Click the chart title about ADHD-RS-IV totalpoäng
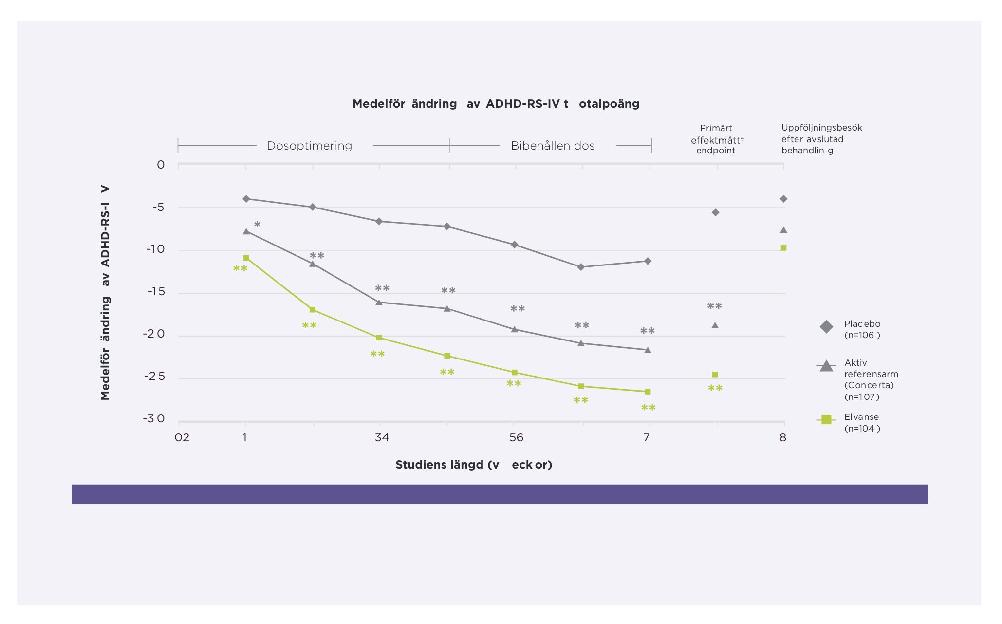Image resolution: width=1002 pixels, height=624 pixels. tap(496, 104)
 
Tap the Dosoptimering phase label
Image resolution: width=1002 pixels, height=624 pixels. tap(309, 146)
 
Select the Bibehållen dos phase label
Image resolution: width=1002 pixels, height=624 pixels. tap(553, 146)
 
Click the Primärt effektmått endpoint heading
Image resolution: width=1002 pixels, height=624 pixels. tap(716, 139)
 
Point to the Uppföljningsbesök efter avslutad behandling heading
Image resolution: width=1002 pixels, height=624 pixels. tap(821, 139)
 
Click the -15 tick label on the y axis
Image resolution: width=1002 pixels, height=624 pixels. tap(156, 292)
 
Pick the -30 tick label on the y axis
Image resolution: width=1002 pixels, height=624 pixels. tap(154, 419)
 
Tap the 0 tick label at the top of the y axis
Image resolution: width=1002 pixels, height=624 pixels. tap(161, 165)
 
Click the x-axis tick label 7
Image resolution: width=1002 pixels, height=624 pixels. tap(647, 437)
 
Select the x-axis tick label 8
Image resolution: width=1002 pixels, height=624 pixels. tap(782, 437)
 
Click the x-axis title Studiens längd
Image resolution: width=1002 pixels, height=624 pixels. tap(474, 465)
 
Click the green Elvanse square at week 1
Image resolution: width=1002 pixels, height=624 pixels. tap(246, 258)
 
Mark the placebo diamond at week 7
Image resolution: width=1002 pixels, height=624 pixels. tap(648, 261)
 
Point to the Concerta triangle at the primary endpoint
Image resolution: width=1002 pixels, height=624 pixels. tap(715, 325)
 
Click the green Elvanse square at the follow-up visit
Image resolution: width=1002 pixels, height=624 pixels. tap(783, 248)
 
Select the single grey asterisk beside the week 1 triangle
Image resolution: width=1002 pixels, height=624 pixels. tap(257, 225)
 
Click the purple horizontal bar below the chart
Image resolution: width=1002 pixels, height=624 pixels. tap(500, 494)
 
